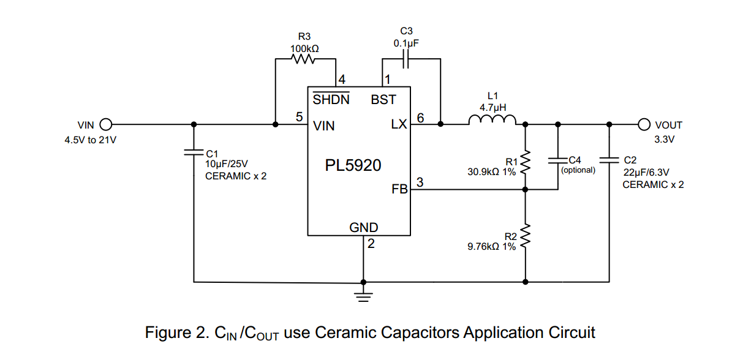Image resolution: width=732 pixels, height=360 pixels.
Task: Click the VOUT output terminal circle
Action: (644, 125)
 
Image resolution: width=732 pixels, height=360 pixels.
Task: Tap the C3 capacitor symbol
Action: (406, 59)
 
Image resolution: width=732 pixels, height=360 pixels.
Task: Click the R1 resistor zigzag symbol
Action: (525, 162)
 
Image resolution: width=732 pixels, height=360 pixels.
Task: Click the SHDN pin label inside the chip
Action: (331, 100)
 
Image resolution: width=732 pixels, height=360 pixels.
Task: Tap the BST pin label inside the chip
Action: (383, 100)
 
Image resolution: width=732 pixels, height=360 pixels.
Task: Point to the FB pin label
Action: (399, 190)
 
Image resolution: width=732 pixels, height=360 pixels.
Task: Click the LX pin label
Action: (399, 126)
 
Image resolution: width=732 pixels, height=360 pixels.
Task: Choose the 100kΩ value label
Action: (304, 47)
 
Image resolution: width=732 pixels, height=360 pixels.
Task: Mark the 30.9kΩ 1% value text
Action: (491, 172)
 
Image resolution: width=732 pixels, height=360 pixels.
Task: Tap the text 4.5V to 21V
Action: (90, 140)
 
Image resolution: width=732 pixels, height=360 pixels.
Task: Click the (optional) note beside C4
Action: (578, 170)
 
